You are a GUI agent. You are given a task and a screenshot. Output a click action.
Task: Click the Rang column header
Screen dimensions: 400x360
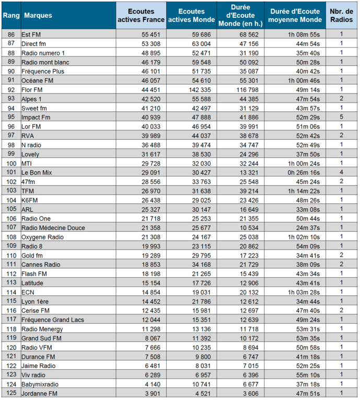10,15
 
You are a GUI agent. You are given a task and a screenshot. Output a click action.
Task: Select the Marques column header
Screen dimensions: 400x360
38,15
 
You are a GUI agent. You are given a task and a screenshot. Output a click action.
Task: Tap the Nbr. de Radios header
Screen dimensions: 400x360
341,15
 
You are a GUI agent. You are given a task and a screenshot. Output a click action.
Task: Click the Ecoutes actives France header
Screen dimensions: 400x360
141,15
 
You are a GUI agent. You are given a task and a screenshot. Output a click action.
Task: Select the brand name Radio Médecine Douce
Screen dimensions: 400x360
53,228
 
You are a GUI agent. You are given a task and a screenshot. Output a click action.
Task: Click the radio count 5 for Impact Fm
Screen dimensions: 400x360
342,118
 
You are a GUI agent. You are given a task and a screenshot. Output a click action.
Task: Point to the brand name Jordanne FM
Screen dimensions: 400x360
39,394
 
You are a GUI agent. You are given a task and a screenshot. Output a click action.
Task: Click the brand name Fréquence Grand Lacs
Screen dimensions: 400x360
53,320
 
